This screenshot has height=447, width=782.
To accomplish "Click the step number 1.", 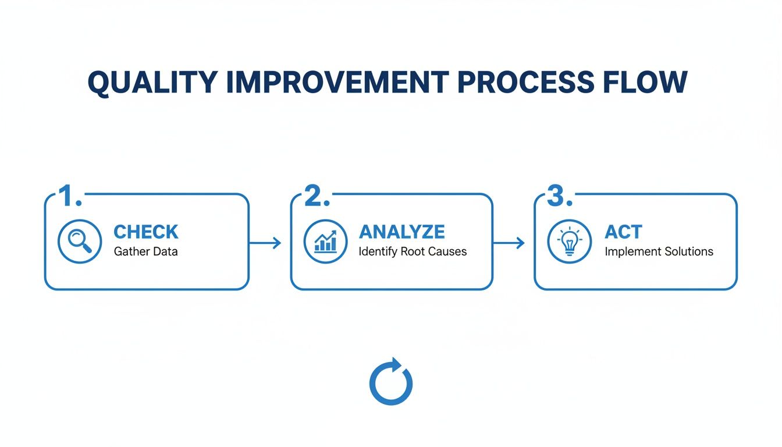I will [71, 197].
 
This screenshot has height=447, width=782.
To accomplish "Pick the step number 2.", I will [317, 197].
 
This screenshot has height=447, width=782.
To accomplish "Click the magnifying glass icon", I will [80, 240].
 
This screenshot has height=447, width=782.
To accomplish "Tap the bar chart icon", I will [326, 240].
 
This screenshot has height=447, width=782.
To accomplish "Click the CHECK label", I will [146, 232].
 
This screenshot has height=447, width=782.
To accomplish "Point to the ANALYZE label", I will [402, 232].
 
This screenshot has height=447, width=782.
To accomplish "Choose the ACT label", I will [624, 232].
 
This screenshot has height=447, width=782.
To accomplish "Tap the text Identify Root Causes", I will [413, 251].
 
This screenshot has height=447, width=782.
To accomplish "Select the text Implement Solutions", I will [659, 251].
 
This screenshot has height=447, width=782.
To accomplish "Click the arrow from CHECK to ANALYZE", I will [266, 243].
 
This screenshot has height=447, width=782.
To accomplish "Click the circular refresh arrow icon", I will [390, 382].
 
